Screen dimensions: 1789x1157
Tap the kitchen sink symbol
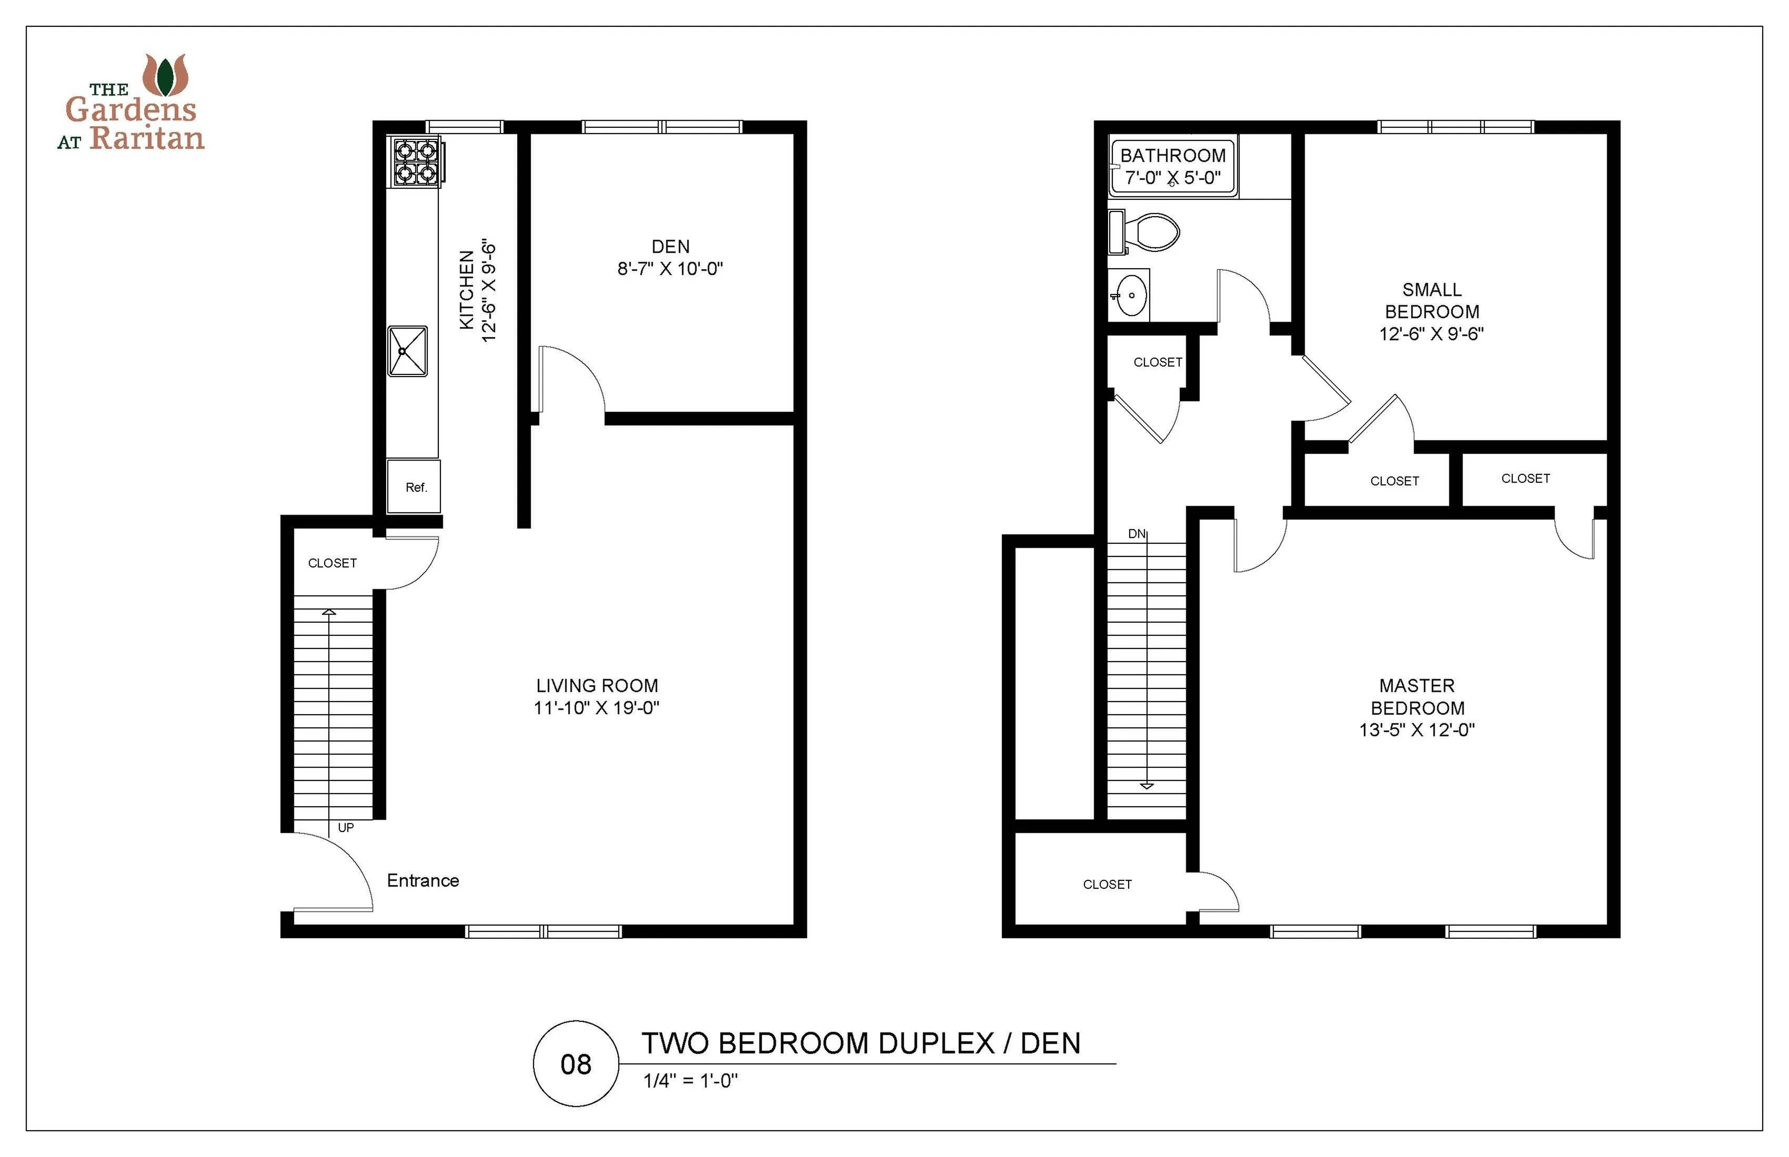coord(407,351)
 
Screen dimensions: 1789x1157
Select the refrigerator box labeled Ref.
coord(414,487)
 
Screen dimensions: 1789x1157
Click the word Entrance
coord(423,880)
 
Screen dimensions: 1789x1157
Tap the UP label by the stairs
coord(346,827)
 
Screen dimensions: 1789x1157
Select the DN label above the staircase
coord(1137,533)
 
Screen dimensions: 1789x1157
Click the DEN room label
coord(670,247)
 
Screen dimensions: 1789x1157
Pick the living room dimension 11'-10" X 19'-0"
coord(596,708)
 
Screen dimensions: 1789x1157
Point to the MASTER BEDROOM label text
coord(1417,696)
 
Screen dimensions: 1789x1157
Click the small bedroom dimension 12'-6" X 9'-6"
coord(1431,333)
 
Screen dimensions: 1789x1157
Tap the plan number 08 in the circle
coord(576,1064)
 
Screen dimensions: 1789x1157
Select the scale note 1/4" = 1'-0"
coord(690,1080)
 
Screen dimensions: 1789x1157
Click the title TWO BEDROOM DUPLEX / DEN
coord(861,1043)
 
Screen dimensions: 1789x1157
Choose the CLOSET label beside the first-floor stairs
coord(332,563)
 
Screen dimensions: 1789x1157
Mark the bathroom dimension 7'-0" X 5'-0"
coord(1173,178)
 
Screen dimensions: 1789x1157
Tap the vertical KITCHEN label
coord(467,290)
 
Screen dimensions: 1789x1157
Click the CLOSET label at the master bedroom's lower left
coord(1107,884)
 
